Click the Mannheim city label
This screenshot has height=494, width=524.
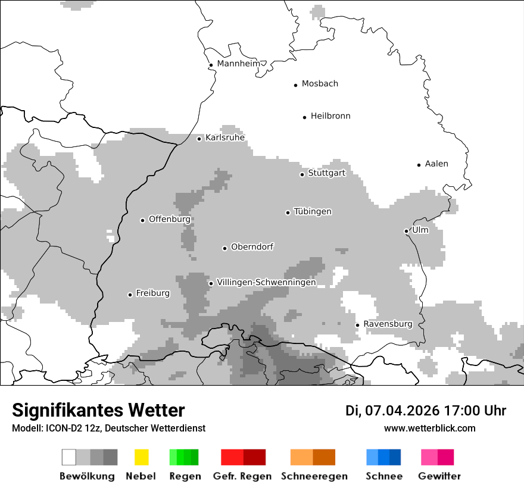click(238, 64)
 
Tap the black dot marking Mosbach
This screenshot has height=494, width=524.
click(295, 85)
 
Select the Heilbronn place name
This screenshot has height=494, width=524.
click(330, 116)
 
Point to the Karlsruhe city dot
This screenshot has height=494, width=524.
click(199, 139)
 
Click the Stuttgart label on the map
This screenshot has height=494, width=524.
click(326, 173)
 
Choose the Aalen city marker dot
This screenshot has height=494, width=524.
click(419, 165)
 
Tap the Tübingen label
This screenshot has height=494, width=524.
click(313, 212)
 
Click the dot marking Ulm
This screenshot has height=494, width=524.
click(406, 231)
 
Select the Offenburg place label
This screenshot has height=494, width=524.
click(169, 219)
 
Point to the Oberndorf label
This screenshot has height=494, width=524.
click(252, 247)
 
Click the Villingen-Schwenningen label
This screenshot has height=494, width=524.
click(266, 282)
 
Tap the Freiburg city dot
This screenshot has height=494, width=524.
click(130, 295)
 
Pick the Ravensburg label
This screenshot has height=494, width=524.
click(388, 324)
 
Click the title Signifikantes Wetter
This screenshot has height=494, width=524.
click(98, 410)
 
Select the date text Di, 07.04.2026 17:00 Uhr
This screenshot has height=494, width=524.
click(426, 411)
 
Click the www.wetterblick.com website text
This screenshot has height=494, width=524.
click(429, 428)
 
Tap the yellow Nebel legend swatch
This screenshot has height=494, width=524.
click(141, 457)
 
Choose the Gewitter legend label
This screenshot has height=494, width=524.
click(439, 476)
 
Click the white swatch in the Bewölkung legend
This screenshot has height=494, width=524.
click(69, 457)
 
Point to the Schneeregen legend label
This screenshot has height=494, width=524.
click(314, 476)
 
